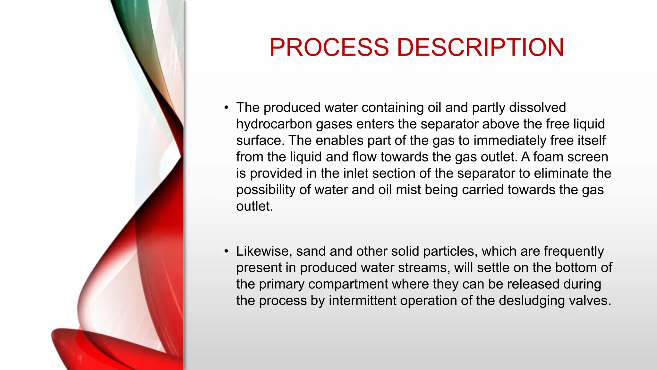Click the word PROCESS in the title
pyautogui.click(x=329, y=48)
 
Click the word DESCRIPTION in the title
pyautogui.click(x=480, y=48)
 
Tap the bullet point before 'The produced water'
pyautogui.click(x=226, y=108)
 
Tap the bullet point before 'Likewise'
pyautogui.click(x=226, y=251)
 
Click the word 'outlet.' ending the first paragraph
pyautogui.click(x=254, y=206)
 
